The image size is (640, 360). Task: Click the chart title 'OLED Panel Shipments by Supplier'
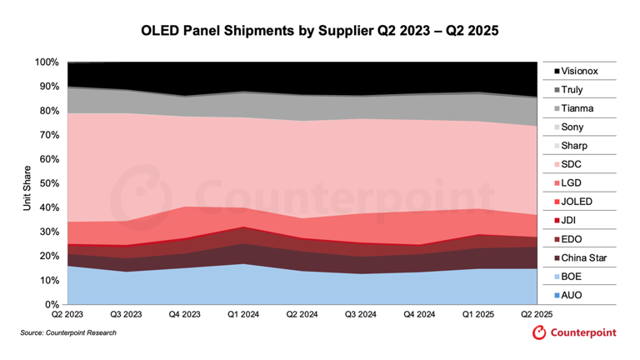[x=319, y=31]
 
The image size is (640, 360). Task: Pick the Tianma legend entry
[x=578, y=108]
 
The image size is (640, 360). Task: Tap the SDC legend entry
[x=574, y=164]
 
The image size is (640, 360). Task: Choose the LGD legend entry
[x=574, y=182]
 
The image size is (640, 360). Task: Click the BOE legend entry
[x=574, y=276]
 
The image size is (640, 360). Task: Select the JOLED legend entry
[x=579, y=202]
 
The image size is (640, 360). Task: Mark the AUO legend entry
[x=574, y=294]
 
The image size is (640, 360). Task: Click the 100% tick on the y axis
[x=47, y=62]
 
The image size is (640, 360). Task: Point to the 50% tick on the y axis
[x=48, y=183]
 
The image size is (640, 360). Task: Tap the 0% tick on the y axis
[x=51, y=305]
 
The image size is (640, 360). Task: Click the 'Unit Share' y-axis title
[x=26, y=183]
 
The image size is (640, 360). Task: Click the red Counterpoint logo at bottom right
[x=574, y=333]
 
